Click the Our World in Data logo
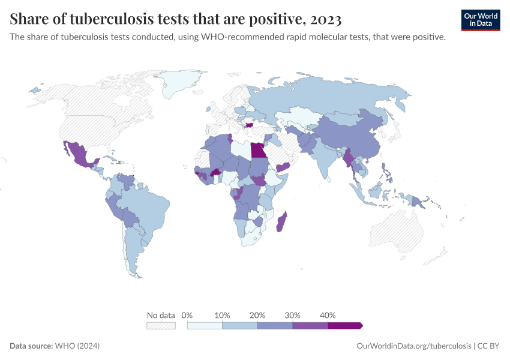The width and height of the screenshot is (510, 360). [481, 20]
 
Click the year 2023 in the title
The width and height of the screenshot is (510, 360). [324, 20]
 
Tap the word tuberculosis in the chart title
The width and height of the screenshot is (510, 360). [100, 20]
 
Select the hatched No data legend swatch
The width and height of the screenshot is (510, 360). [161, 325]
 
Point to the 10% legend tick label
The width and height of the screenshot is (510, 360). [222, 315]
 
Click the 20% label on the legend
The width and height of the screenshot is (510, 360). [257, 315]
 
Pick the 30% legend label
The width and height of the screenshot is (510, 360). [292, 315]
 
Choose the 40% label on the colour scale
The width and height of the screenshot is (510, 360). [328, 315]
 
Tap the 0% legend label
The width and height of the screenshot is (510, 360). [187, 315]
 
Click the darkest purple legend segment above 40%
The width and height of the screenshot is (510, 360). [345, 325]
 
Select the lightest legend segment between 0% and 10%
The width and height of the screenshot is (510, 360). [205, 325]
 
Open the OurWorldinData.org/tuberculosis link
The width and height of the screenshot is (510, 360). [413, 346]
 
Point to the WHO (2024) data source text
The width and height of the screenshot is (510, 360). [77, 346]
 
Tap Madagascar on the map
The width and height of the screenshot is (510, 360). [281, 222]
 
